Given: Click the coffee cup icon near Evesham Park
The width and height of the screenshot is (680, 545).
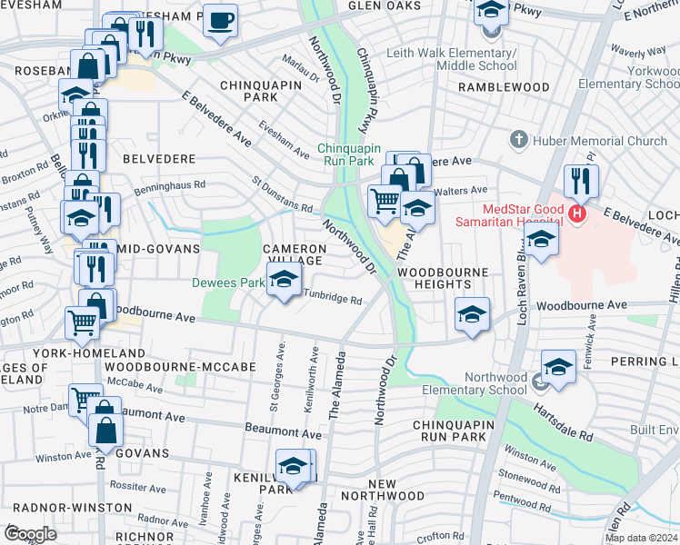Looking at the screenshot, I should [219, 20].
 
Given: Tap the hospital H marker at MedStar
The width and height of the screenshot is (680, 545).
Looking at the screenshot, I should [575, 213].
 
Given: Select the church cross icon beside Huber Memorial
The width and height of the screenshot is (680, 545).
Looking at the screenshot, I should [519, 140].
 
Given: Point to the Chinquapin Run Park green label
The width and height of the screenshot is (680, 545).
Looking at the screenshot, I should [345, 154].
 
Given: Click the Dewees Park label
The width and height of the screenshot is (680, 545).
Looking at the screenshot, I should [227, 282].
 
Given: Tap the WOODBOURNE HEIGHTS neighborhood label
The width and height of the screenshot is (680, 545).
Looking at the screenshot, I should [443, 279].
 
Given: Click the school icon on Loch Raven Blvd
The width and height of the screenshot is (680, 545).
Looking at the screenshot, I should [541, 240].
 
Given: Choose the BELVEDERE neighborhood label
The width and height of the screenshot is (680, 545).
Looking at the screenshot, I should [159, 158].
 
